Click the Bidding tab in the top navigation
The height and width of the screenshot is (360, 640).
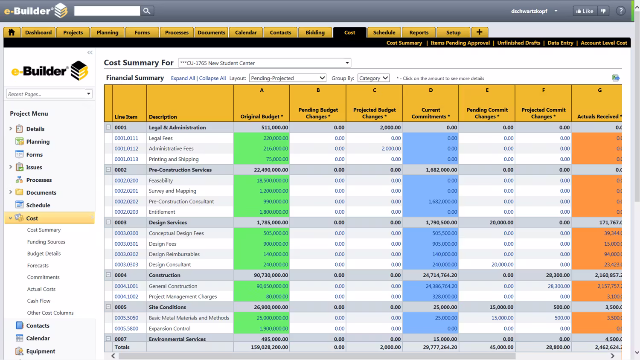315,32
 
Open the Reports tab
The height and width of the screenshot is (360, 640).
419,32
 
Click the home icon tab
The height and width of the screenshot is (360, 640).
12,32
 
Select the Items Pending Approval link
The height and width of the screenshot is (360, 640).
460,43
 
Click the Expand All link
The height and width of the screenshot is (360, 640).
183,78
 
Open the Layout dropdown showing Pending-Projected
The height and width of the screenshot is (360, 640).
288,78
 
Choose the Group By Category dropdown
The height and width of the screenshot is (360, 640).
373,78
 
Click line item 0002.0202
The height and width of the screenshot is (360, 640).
126,201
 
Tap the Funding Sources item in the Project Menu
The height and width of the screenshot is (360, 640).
46,242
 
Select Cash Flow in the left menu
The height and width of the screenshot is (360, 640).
39,301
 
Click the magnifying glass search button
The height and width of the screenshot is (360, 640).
147,11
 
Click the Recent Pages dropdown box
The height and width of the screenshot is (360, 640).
49,94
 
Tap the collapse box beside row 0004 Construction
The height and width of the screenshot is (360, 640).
108,275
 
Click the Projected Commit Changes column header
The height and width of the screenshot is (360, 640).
543,113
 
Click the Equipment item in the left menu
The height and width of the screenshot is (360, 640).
41,351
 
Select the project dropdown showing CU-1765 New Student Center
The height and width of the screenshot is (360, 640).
265,63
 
